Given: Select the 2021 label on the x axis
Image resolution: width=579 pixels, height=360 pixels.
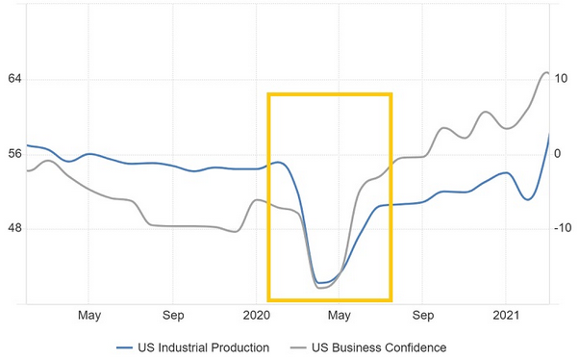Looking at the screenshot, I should coord(506,315).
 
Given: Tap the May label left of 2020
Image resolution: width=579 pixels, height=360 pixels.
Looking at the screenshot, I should coord(89,315).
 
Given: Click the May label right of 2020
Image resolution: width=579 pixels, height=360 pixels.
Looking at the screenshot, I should coord(340,315).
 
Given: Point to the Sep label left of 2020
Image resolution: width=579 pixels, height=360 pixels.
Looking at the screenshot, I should coord(173,315).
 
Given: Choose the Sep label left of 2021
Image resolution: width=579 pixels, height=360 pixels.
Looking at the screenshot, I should coord(423,315).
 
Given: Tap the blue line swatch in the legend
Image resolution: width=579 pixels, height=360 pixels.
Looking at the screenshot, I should coord(128,347).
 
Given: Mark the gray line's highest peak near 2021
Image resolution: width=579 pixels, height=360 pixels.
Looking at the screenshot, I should coord(546,72).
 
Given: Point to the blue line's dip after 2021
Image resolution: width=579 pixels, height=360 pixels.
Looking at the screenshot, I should coord(527,199).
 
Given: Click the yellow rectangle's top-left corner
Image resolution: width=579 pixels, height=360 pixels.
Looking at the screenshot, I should coord(269,95).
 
